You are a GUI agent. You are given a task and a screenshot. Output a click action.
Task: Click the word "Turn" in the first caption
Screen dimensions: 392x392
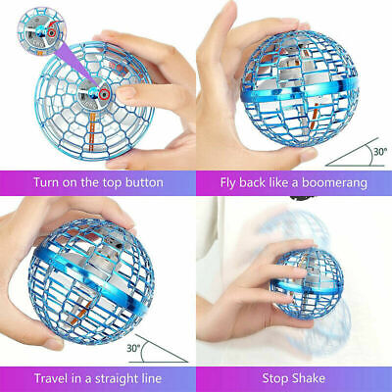point(46,182)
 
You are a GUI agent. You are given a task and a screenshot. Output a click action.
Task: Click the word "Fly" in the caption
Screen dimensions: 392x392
point(228,183)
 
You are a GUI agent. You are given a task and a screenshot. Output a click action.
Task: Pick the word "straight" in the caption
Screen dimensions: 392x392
point(118,379)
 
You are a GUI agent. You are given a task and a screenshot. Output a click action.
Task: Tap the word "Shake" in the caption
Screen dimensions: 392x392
point(309,378)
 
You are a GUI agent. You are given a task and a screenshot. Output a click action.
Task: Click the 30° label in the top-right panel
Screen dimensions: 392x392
point(380,152)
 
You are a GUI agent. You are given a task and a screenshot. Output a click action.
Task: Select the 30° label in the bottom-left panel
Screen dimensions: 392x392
point(133,348)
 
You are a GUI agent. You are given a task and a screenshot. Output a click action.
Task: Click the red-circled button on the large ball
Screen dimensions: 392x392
point(105,94)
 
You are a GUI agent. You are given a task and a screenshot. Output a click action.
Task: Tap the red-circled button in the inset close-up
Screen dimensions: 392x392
point(51,32)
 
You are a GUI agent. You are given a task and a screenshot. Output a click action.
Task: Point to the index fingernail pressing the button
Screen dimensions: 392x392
point(125,93)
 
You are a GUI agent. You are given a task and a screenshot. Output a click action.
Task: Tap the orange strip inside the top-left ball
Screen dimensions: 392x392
point(92,130)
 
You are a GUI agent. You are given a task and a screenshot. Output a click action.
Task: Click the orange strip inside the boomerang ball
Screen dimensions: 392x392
point(315,112)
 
